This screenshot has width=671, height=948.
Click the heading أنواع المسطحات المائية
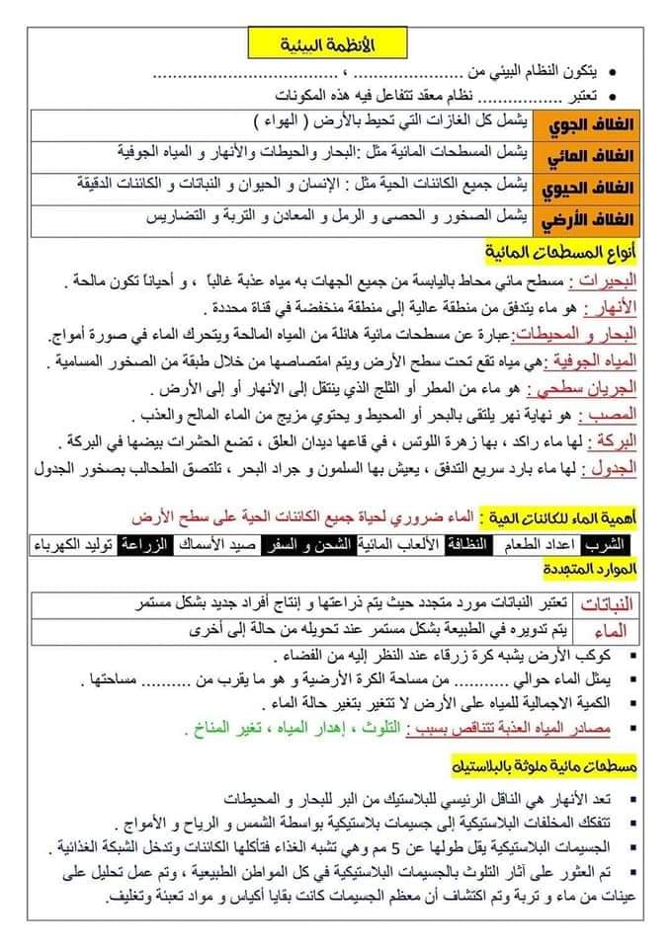pos(570,247)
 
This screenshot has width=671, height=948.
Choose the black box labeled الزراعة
pos(142,543)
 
